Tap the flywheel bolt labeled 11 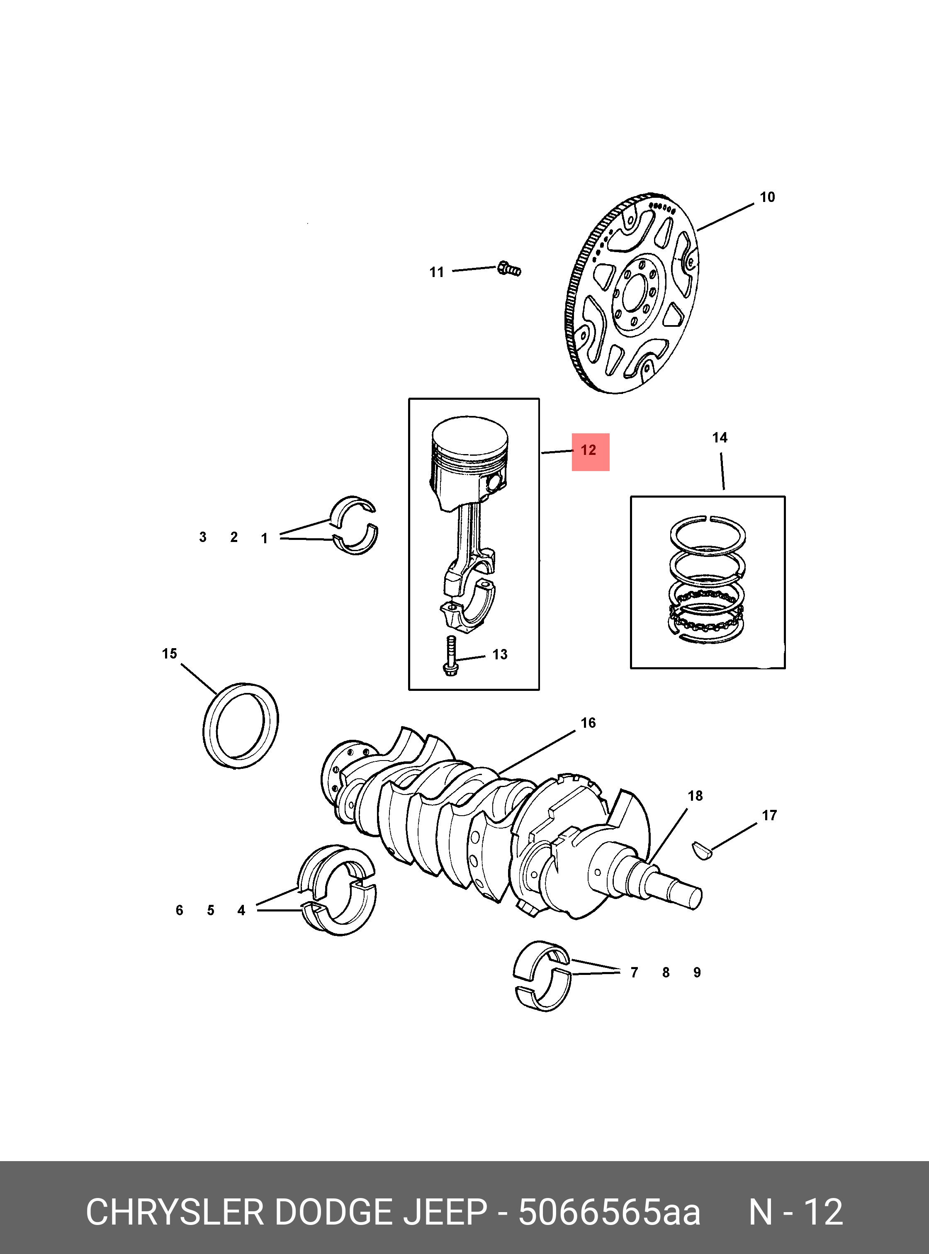tap(509, 270)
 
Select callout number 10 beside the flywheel tap(767, 197)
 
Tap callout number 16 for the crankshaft tap(588, 723)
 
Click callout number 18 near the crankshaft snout tap(695, 796)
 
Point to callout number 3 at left tap(203, 537)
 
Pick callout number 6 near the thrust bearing tap(180, 910)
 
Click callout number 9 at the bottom tap(697, 972)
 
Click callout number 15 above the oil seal tap(169, 654)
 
